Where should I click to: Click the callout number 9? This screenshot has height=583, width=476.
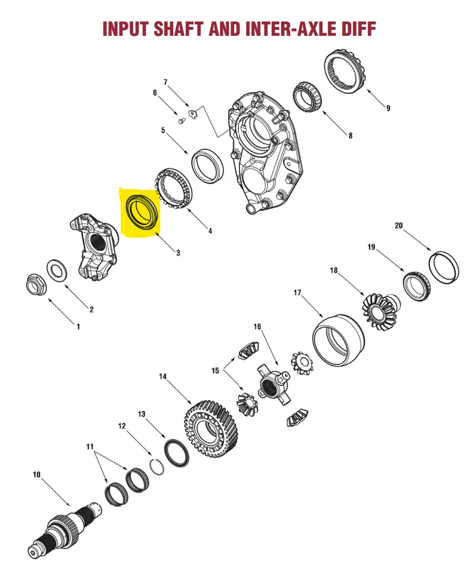(x=388, y=108)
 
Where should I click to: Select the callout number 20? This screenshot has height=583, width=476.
(x=399, y=225)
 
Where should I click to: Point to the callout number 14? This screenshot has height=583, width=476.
(x=162, y=376)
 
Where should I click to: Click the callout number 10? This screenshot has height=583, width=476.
(x=36, y=475)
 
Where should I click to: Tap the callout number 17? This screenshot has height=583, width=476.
(x=297, y=293)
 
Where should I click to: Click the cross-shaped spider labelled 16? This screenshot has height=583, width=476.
(x=272, y=382)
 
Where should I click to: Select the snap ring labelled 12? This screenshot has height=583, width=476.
(x=156, y=464)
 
